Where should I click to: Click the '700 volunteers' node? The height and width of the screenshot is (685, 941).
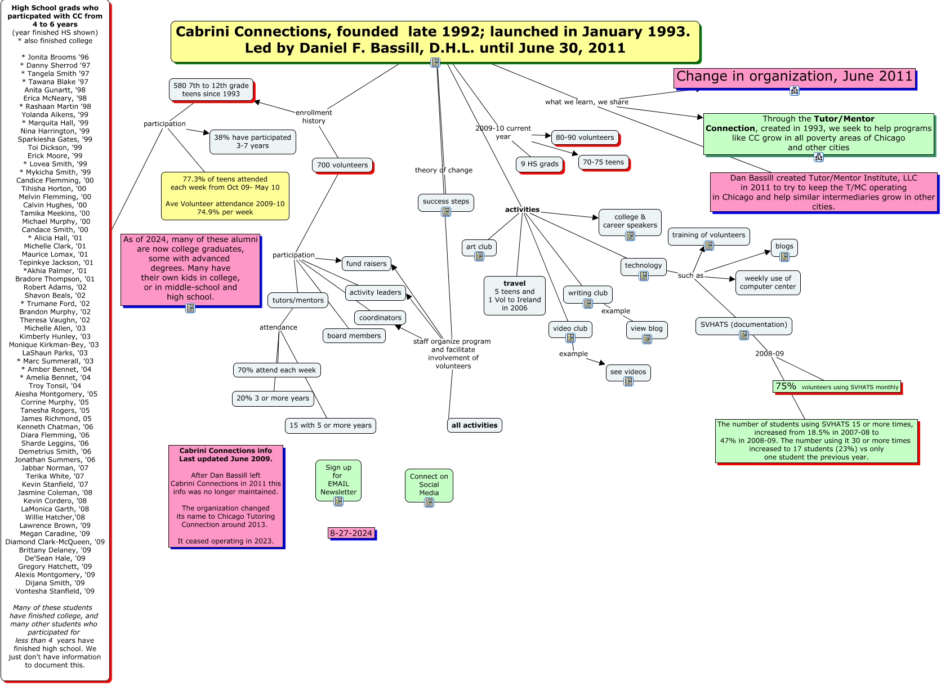point(342,165)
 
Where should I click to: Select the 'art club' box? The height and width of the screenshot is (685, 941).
point(479,247)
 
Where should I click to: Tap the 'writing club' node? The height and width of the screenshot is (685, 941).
point(587,293)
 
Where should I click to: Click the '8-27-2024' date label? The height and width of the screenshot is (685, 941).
point(351,533)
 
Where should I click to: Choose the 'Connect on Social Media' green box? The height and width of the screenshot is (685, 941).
point(429,484)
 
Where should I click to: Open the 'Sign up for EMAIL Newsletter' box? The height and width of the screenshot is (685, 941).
point(338,479)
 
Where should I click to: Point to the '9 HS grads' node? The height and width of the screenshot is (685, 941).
point(539,164)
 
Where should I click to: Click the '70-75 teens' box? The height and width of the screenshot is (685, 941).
point(603,162)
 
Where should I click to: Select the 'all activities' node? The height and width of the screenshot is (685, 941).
point(474,425)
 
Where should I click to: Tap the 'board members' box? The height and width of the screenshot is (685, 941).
point(354,336)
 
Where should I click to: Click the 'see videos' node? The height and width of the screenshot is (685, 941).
point(628,372)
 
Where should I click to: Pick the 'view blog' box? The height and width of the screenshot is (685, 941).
point(646,328)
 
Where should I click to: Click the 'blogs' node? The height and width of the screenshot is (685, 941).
point(784,246)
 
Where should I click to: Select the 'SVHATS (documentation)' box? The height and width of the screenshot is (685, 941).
point(743,324)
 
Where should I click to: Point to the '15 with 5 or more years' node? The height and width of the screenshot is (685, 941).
point(330,425)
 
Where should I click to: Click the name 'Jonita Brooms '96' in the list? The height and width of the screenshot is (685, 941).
point(55,57)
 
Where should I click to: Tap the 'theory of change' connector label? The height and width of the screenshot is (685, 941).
point(443,170)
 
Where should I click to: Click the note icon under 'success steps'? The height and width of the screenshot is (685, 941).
point(446,212)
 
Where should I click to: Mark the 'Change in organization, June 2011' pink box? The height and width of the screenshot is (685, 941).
point(794,77)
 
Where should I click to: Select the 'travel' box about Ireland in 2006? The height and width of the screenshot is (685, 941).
point(514,295)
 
